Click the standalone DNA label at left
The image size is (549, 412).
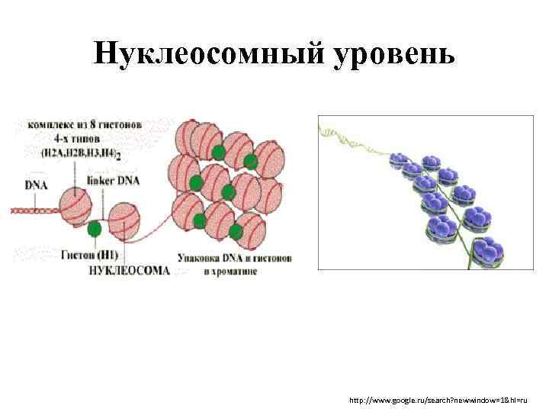(x=35, y=184)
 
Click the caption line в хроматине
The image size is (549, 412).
(x=230, y=270)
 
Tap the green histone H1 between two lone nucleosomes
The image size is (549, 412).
(x=95, y=228)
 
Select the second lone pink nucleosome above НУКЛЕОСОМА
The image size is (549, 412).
(x=124, y=220)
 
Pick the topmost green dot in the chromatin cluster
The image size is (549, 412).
(x=219, y=152)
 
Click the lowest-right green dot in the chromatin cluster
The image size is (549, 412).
(x=236, y=230)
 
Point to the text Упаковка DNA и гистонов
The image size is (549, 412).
(x=233, y=258)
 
